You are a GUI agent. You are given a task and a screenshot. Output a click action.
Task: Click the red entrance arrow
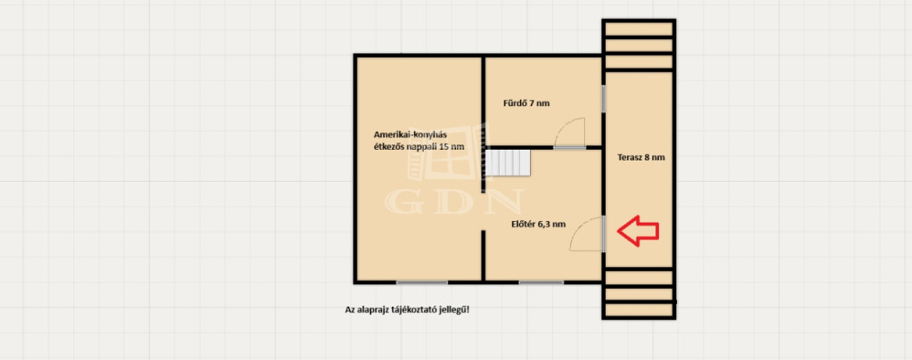point(638,231)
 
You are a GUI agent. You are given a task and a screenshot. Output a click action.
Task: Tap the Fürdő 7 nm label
point(525,103)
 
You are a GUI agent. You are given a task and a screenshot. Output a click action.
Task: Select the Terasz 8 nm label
point(641,157)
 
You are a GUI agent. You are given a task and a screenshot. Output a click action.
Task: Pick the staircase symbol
point(509,163)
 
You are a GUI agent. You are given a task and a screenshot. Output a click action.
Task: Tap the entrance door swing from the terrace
point(586,232)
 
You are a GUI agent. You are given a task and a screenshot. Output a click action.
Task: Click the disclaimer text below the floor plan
point(407,310)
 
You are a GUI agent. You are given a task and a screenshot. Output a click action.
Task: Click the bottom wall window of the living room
point(421,282)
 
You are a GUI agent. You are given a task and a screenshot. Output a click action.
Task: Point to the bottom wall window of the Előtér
point(541,282)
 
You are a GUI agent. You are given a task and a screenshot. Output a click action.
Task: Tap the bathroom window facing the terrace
point(604,99)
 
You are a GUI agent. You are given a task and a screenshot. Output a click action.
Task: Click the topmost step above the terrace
point(638,29)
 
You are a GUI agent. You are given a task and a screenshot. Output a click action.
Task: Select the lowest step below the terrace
point(639,310)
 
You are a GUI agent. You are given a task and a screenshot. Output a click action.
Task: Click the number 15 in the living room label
point(444,146)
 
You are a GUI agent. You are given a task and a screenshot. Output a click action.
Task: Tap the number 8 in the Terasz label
point(647,157)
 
